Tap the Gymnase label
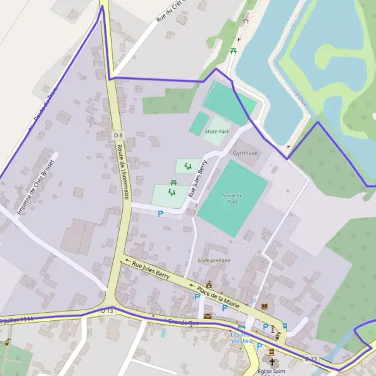click(x=245, y=152)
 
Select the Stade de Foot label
click(x=232, y=199)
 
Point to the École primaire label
click(x=214, y=260)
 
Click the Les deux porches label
click(x=241, y=337)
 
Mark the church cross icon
click(x=271, y=362)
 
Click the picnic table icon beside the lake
click(x=233, y=50)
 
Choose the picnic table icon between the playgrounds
click(x=174, y=182)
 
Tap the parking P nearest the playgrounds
click(x=160, y=214)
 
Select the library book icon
click(x=264, y=306)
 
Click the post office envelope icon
click(x=207, y=315)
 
